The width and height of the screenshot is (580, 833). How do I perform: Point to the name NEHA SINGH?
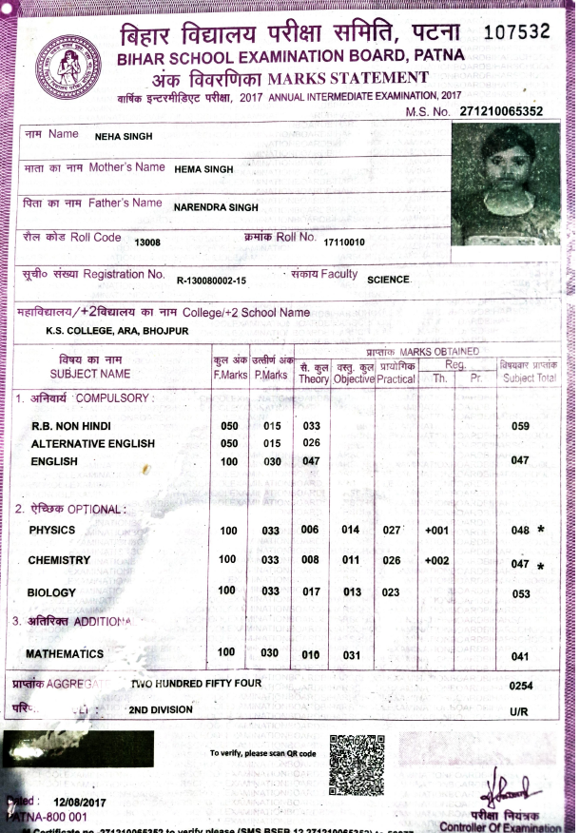[123, 136]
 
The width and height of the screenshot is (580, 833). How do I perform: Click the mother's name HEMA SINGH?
[203, 169]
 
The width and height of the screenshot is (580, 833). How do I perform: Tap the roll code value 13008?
[147, 242]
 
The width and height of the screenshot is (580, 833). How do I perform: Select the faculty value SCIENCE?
[389, 279]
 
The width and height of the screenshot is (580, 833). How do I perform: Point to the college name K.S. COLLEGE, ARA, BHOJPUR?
[117, 331]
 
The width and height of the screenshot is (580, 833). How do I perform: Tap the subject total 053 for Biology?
[520, 594]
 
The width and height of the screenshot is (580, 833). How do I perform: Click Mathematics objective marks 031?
[352, 654]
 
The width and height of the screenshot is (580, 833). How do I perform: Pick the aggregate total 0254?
[522, 685]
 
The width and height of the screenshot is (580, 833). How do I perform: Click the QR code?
[357, 764]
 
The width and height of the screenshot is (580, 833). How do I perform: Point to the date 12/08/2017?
[68, 801]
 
